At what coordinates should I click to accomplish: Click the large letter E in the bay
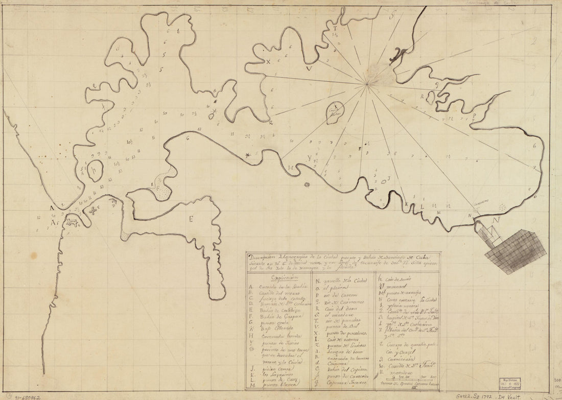point(192,220)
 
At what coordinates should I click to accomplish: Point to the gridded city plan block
point(514,251)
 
